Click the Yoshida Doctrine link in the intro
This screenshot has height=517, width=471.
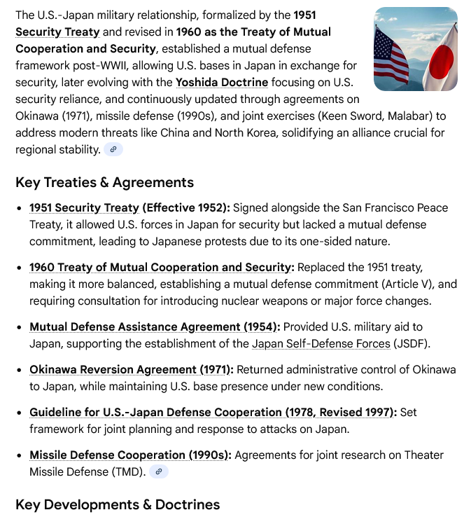click(221, 82)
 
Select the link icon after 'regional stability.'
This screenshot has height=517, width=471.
click(113, 149)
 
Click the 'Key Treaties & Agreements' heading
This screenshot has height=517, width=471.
click(104, 182)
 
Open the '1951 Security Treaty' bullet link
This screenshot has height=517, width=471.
click(84, 207)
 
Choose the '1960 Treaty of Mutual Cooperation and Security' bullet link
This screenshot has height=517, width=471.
click(160, 267)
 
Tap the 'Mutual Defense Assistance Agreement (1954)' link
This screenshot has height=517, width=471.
click(155, 326)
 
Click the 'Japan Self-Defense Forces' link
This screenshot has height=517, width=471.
click(320, 343)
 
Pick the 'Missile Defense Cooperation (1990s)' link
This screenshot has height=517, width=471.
click(129, 455)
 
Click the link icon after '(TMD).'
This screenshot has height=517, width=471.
click(159, 472)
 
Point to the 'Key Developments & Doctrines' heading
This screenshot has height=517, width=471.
click(118, 504)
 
